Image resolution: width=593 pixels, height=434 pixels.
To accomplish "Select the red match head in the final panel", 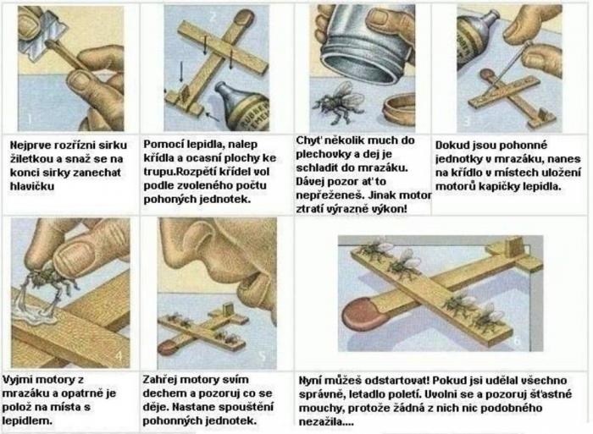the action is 360,313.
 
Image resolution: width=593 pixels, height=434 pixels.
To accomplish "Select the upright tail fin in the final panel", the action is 512,248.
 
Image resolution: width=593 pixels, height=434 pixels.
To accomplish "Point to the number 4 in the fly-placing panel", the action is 119,356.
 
